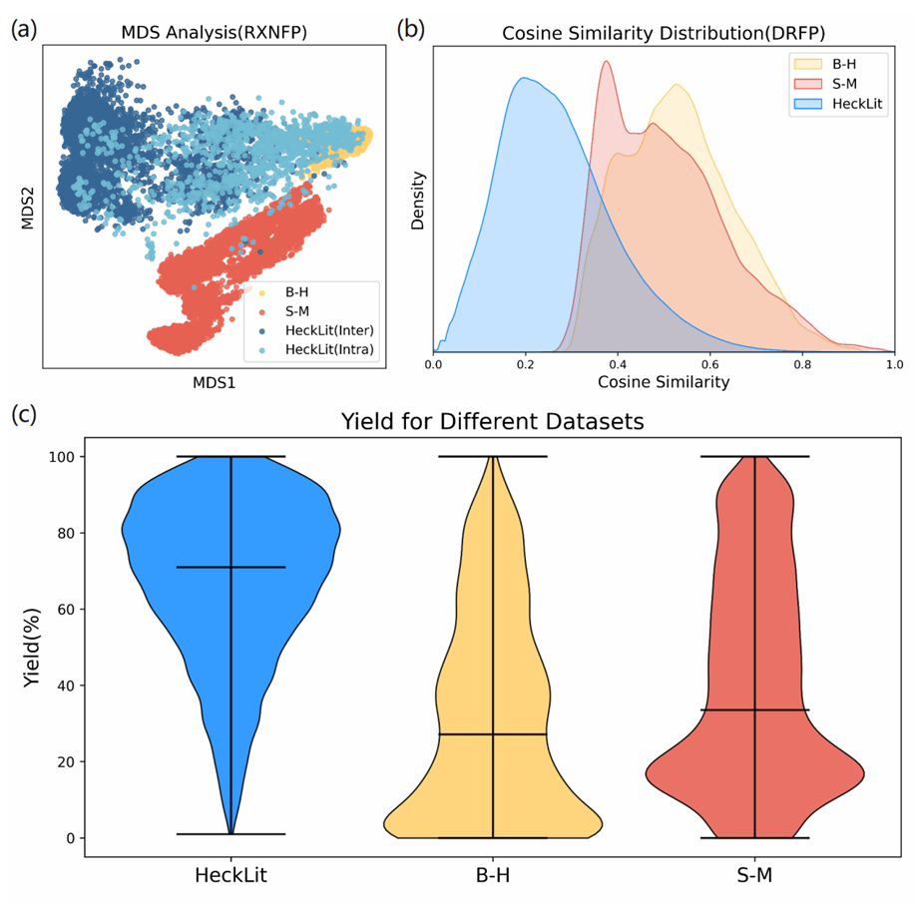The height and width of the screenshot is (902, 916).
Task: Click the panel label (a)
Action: click(x=24, y=29)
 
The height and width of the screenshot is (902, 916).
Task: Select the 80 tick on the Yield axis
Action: click(x=64, y=533)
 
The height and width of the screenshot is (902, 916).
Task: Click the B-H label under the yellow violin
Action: click(x=492, y=876)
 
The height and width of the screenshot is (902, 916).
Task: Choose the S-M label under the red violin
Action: click(x=754, y=876)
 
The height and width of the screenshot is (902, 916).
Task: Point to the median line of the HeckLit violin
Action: click(x=230, y=567)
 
